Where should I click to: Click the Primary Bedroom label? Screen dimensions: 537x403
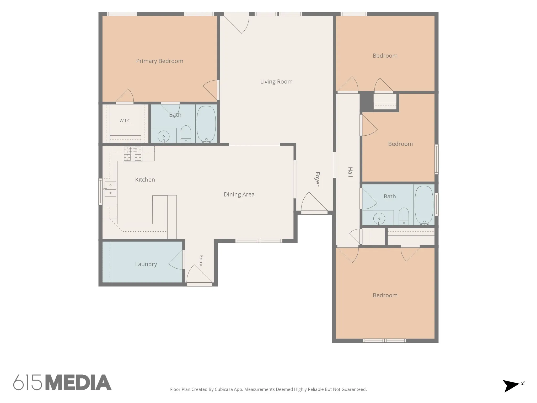click(159, 61)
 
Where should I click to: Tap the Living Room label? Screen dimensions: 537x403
click(276, 82)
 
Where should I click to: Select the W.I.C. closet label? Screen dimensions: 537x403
click(125, 121)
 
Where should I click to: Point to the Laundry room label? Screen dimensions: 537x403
click(146, 264)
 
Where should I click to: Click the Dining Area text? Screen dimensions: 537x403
click(239, 194)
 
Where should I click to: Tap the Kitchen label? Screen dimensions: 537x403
click(145, 180)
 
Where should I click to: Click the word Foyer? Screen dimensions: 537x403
click(317, 179)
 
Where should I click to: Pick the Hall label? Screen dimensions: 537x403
click(350, 172)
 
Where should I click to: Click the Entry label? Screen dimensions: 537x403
click(201, 261)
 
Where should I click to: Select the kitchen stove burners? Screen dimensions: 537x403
click(133, 154)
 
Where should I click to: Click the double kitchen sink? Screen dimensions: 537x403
click(110, 189)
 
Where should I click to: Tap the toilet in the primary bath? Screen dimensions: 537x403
click(186, 134)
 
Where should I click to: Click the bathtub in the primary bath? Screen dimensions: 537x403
click(206, 124)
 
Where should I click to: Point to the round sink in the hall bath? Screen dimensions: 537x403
click(379, 218)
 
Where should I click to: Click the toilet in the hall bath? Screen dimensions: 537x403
click(404, 216)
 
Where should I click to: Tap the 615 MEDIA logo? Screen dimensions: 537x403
click(62, 382)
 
